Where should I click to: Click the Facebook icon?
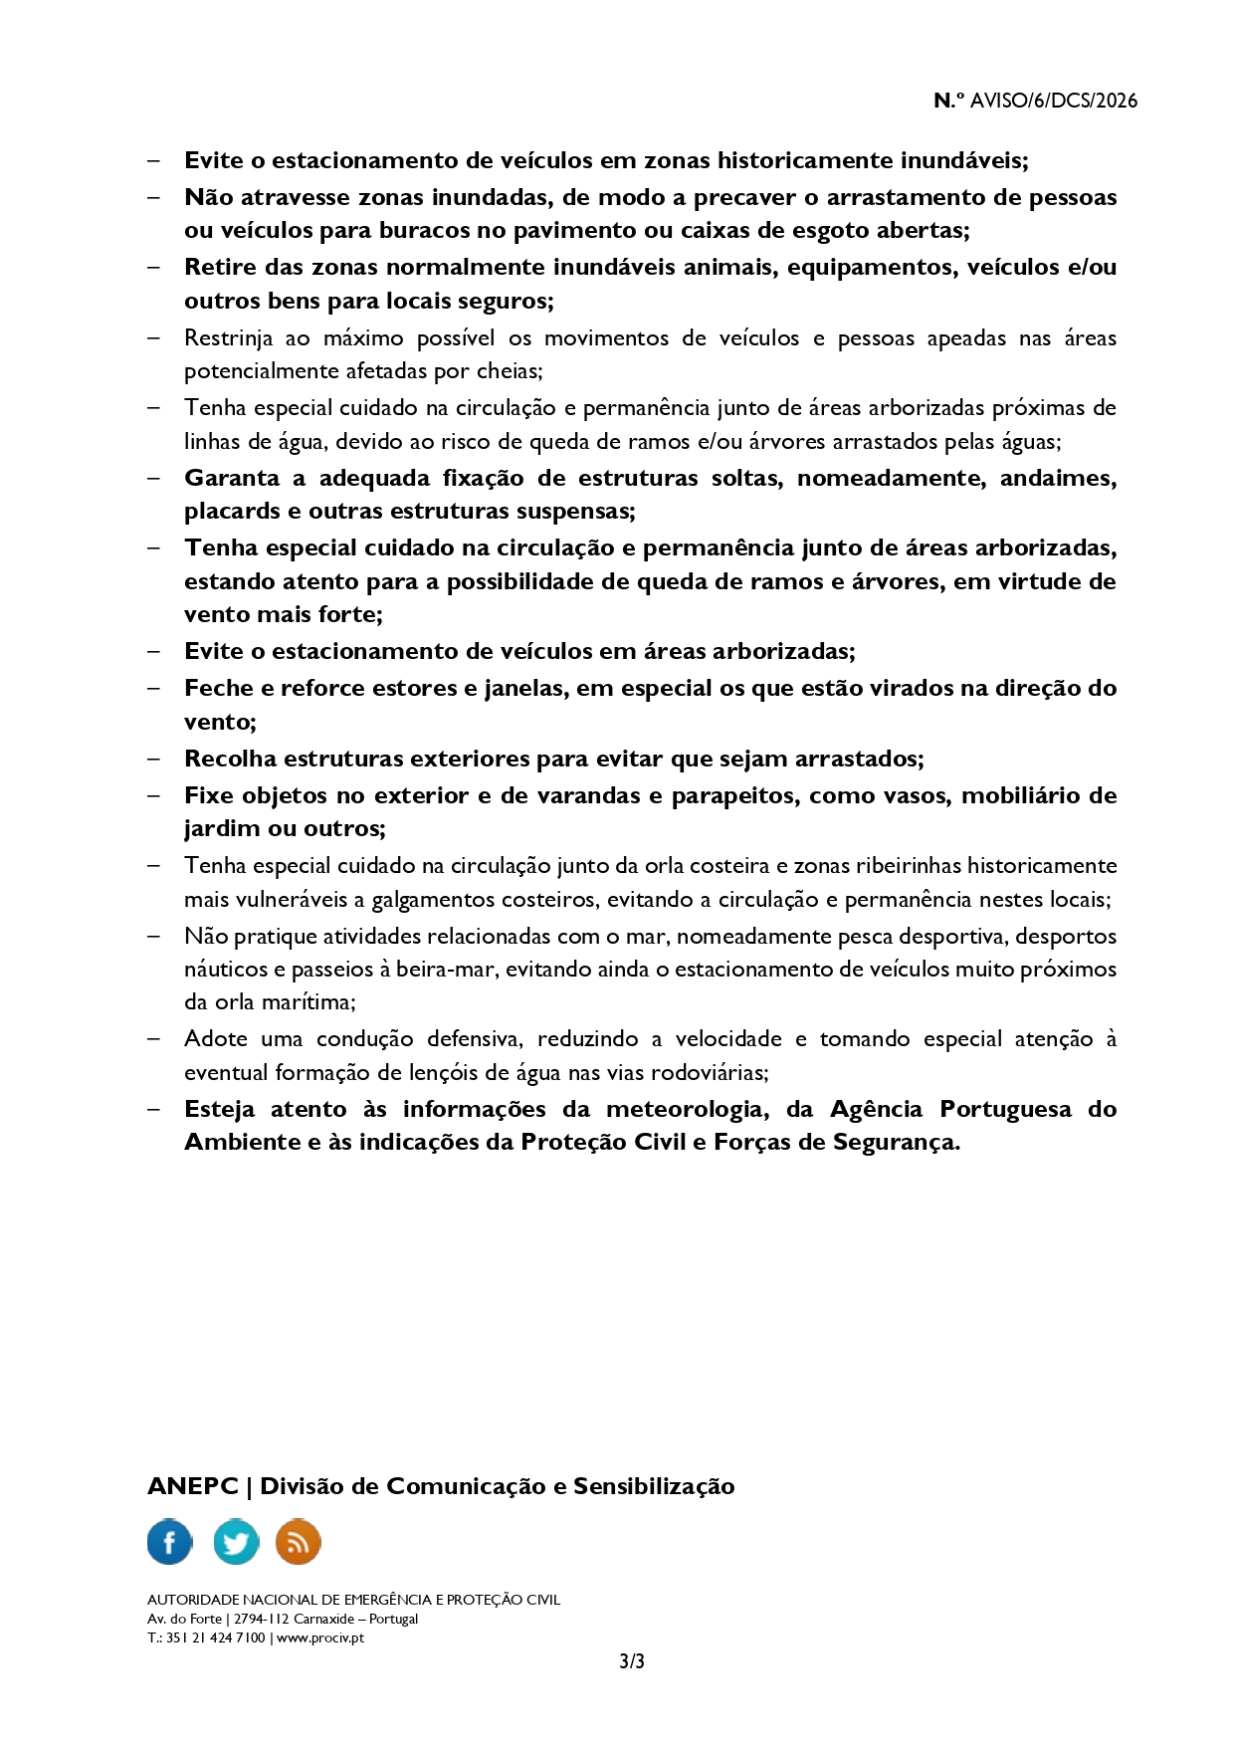coord(169,1542)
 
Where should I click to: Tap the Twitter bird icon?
coord(236,1542)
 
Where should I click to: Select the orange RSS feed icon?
coord(298,1542)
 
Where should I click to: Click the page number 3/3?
coord(632,1661)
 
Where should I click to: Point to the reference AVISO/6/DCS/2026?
coord(1053,101)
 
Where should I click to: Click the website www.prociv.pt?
coord(320,1637)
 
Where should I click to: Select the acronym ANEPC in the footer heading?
coord(192,1486)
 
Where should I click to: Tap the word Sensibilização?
coord(654,1486)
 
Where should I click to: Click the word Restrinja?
coord(228,338)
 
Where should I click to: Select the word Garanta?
coord(232,478)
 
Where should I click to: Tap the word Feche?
coord(219,688)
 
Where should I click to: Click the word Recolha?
coord(230,759)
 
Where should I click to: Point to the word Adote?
coord(216,1039)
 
